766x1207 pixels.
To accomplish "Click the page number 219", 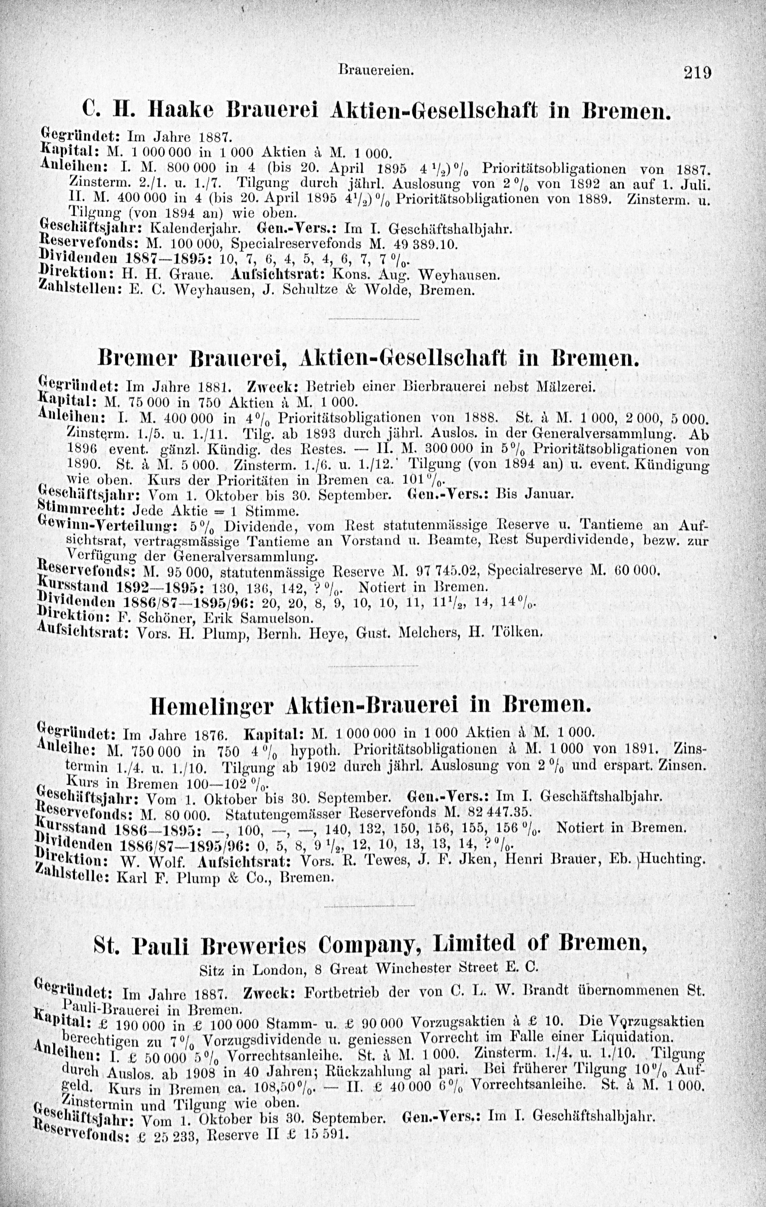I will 697,74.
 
